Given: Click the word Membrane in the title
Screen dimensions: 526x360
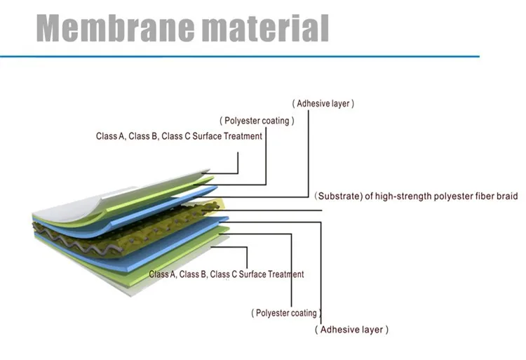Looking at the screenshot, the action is pyautogui.click(x=115, y=27).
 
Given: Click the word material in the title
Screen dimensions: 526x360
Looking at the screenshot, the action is pyautogui.click(x=266, y=27).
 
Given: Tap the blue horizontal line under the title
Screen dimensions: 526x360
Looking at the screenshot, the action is pyautogui.click(x=240, y=56).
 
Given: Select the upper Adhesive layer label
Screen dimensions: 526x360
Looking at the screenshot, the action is pyautogui.click(x=323, y=103).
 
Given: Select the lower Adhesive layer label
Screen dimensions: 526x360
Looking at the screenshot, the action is pyautogui.click(x=351, y=329).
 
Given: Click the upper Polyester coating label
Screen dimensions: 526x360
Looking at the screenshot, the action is pyautogui.click(x=257, y=121).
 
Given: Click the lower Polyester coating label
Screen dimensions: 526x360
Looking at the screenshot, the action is pyautogui.click(x=286, y=313).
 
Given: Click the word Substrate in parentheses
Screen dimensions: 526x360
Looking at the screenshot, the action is pyautogui.click(x=339, y=196).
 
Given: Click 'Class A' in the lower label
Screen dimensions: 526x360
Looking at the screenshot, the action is pyautogui.click(x=163, y=274).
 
